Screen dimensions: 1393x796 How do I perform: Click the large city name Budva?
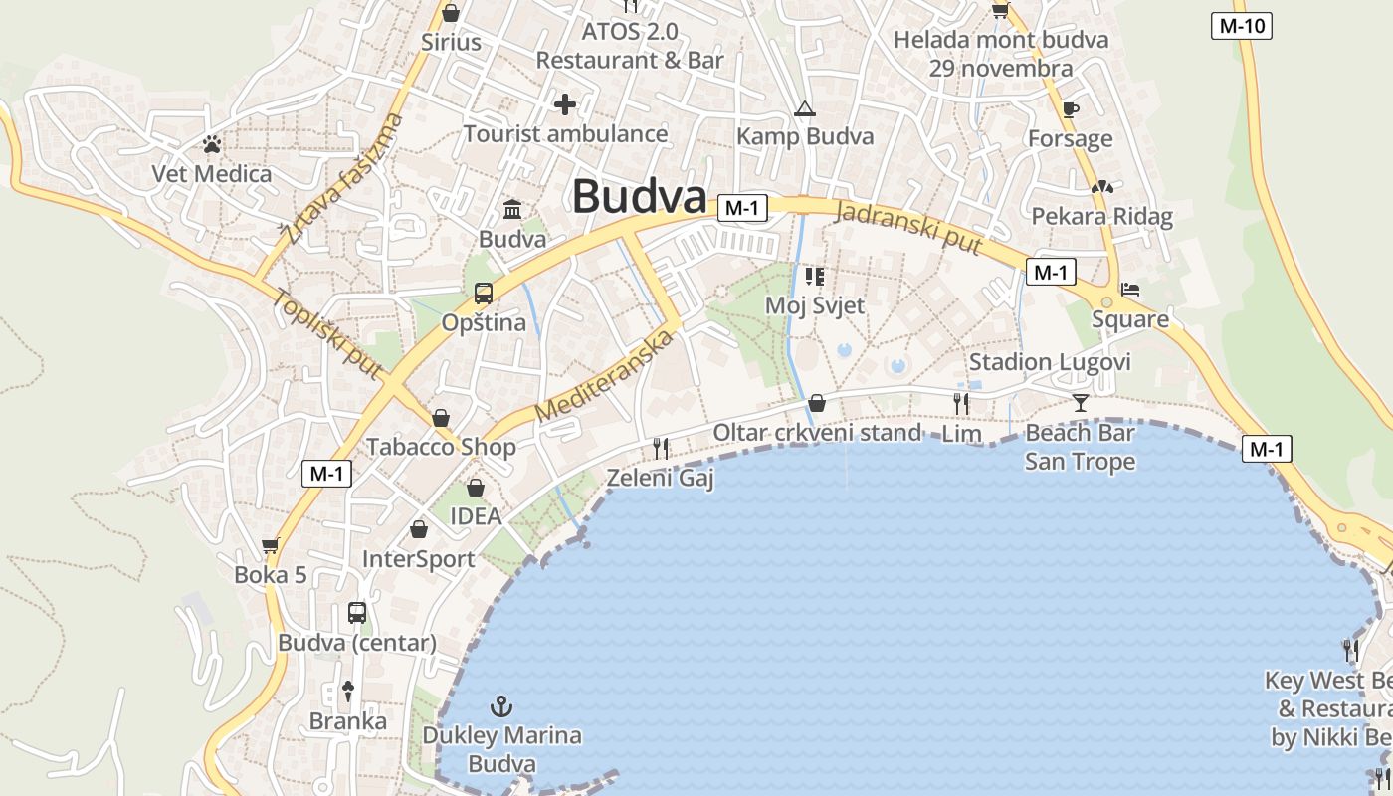639,197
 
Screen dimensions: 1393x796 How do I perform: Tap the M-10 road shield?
1242,26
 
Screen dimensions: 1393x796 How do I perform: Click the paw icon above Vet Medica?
212,145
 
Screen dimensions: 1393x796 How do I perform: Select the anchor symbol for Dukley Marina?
502,707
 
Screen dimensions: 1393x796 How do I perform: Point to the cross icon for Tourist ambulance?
565,103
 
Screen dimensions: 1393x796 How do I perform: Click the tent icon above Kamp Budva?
805,108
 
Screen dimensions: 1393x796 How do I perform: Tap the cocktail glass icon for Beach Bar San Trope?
1081,403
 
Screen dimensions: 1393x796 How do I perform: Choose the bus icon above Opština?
484,294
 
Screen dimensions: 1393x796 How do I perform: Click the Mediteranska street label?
604,376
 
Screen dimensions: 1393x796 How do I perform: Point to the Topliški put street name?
327,333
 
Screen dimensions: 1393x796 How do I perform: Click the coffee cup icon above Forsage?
1071,109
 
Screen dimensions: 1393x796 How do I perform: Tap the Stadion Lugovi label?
1050,362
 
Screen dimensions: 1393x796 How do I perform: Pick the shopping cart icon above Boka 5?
270,545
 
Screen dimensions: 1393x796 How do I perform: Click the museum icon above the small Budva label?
513,209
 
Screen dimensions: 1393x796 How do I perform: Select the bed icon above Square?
1130,290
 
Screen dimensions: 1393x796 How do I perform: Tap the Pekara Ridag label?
1101,217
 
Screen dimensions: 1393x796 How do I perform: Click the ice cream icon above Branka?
348,690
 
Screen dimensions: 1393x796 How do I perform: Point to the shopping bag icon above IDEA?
476,488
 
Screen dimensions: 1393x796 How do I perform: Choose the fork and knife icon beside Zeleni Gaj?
661,449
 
